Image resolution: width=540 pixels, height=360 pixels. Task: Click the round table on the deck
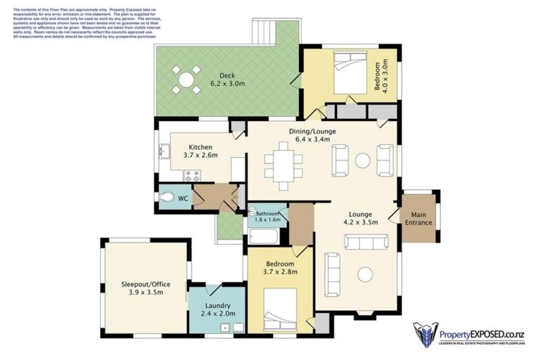[186, 79]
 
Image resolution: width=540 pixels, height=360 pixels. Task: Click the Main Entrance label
[418, 219]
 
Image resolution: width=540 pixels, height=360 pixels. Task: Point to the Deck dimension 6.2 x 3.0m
[226, 83]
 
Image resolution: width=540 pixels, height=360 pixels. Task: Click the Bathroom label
[267, 213]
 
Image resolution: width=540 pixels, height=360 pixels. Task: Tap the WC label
[182, 199]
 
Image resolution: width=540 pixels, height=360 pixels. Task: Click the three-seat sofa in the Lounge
[365, 243]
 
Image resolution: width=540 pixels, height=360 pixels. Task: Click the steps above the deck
[265, 30]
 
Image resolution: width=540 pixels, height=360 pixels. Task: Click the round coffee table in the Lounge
[365, 275]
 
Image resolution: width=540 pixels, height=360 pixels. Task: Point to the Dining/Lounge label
[312, 131]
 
